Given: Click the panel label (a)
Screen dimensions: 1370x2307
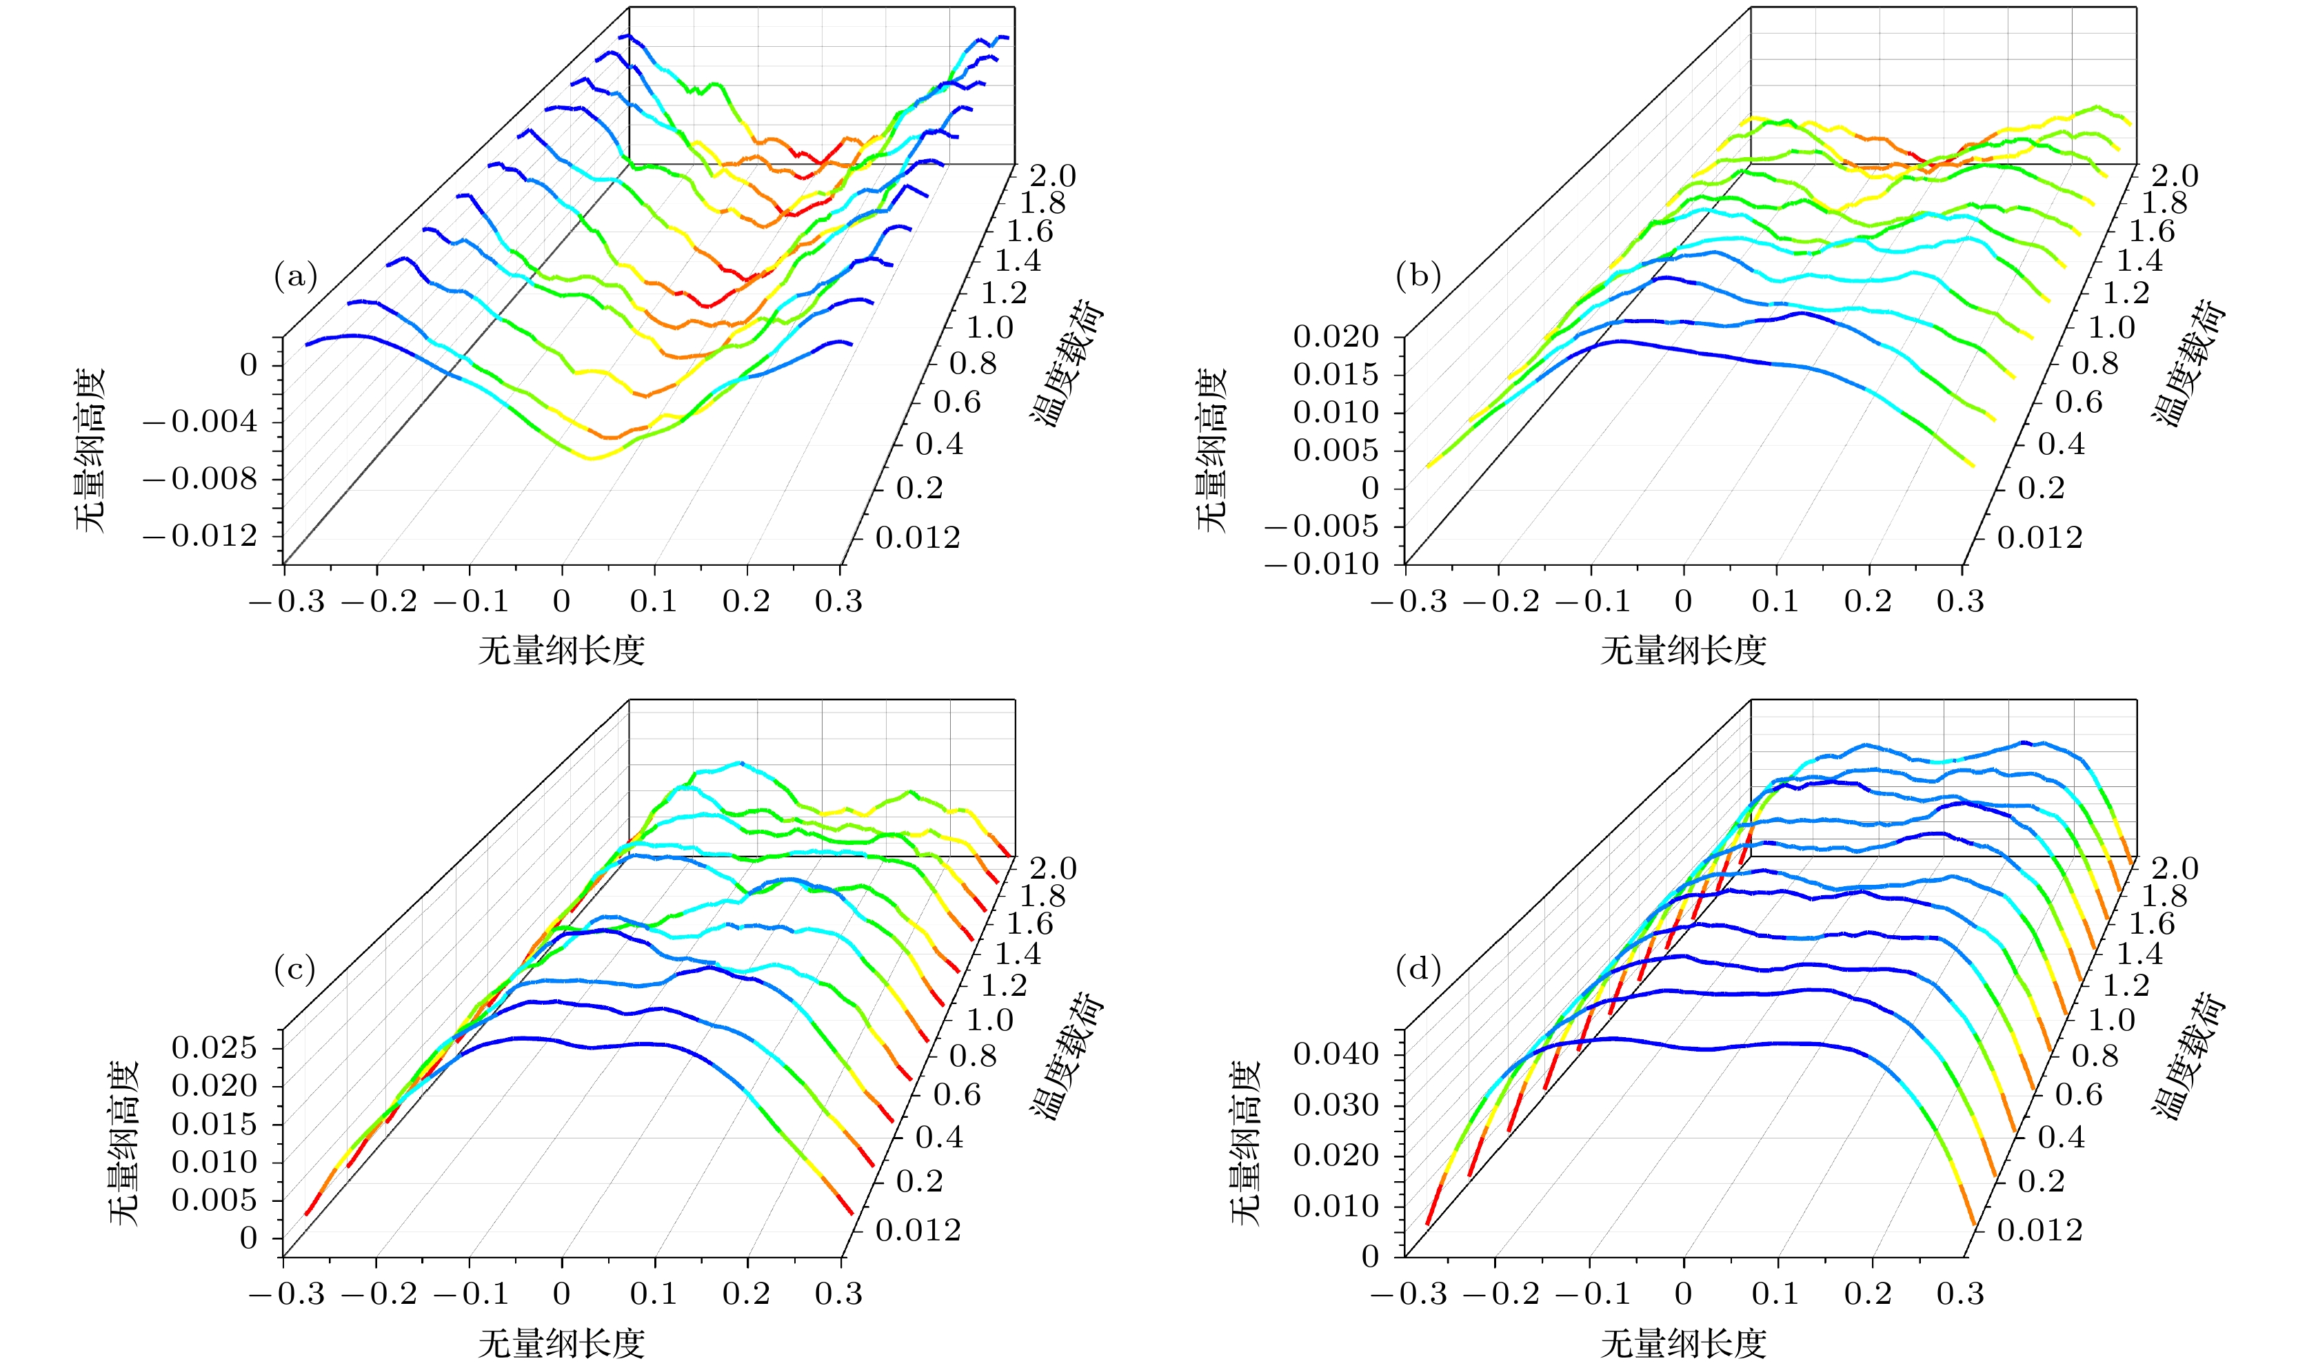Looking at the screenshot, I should coord(296,276).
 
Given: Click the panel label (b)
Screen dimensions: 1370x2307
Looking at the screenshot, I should coord(1418,276).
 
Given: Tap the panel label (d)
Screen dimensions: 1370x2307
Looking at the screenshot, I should coord(1418,970).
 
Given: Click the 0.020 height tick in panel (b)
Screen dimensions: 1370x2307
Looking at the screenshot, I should coord(1336,336).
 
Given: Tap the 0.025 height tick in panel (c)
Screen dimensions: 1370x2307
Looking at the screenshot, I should coord(214,1047).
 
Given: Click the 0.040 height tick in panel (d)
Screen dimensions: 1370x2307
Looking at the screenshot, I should coord(1336,1054).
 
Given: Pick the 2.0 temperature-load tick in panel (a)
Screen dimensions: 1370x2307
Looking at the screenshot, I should coord(1054,174).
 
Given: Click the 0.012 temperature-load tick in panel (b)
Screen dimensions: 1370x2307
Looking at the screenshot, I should coord(2040,538).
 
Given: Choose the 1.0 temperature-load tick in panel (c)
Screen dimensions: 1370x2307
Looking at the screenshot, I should coord(990,1020).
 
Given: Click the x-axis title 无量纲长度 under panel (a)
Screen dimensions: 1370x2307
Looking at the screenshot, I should coord(561,651).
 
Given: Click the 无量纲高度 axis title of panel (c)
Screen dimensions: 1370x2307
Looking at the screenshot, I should coord(123,1142).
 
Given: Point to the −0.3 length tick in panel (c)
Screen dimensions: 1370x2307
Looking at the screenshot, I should coord(288,1294).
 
